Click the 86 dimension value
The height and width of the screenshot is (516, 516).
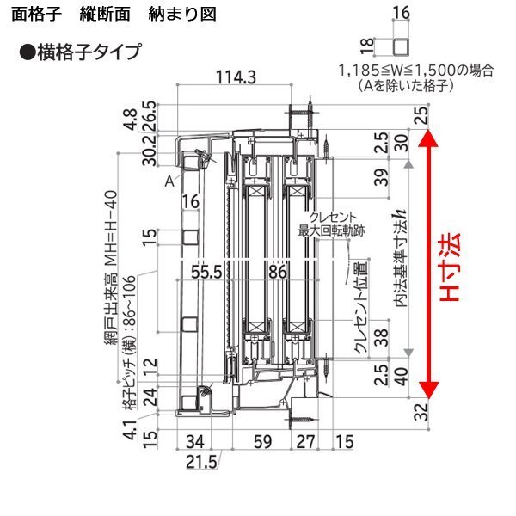(x=277, y=272)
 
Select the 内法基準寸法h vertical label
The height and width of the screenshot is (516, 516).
(x=401, y=259)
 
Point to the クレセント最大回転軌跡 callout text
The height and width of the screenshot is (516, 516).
(x=322, y=224)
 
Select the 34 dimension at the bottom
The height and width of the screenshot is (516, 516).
(x=195, y=443)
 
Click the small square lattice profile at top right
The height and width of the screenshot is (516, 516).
(x=401, y=45)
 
